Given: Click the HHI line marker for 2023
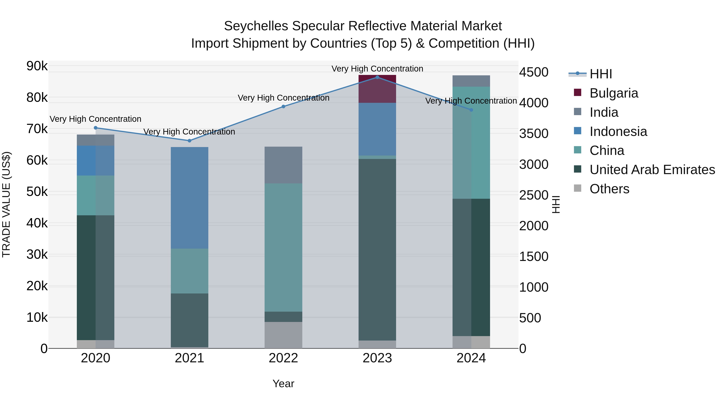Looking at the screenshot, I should pyautogui.click(x=377, y=77).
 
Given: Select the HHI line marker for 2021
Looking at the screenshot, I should pyautogui.click(x=189, y=141).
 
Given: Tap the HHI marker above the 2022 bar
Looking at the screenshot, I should pyautogui.click(x=284, y=106).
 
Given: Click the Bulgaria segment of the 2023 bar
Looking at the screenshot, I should pyautogui.click(x=377, y=89).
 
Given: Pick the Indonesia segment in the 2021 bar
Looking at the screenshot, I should pyautogui.click(x=189, y=198).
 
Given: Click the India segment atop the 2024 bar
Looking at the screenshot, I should pyautogui.click(x=471, y=81).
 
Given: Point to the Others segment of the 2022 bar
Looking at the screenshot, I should pyautogui.click(x=284, y=335).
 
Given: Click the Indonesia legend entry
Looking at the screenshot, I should pyautogui.click(x=618, y=131).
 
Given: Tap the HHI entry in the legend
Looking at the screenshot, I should pyautogui.click(x=600, y=74).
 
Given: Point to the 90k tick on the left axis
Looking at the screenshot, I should pyautogui.click(x=37, y=66).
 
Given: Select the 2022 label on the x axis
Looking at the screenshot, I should pyautogui.click(x=284, y=358).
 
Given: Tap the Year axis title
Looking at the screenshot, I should pyautogui.click(x=284, y=384).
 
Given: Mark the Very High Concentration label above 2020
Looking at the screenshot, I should pyautogui.click(x=96, y=119).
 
